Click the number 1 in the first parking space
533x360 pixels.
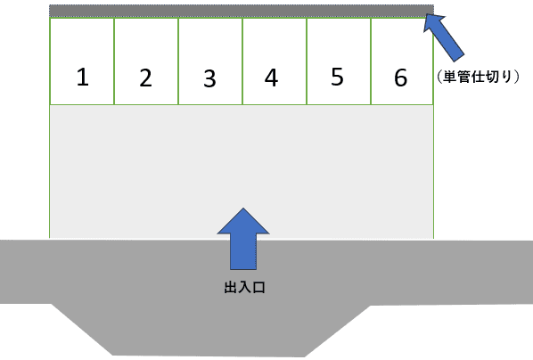click(83, 78)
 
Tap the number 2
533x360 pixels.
click(146, 78)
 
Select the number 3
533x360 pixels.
click(209, 78)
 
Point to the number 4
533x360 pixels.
click(271, 78)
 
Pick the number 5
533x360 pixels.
click(337, 77)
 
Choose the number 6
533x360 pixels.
click(401, 78)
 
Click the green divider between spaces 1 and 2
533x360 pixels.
click(114, 61)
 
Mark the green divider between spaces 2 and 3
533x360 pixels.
click(178, 61)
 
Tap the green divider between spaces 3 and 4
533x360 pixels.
click(242, 61)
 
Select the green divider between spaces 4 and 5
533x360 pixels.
click(307, 61)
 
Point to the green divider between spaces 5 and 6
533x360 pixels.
click(371, 61)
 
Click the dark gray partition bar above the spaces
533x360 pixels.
click(242, 11)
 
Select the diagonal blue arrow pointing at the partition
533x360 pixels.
click(443, 37)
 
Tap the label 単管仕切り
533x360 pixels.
click(478, 77)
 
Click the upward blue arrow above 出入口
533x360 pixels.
click(243, 239)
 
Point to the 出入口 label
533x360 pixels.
click(244, 288)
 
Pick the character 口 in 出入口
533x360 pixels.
click(258, 288)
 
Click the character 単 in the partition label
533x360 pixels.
click(449, 77)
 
